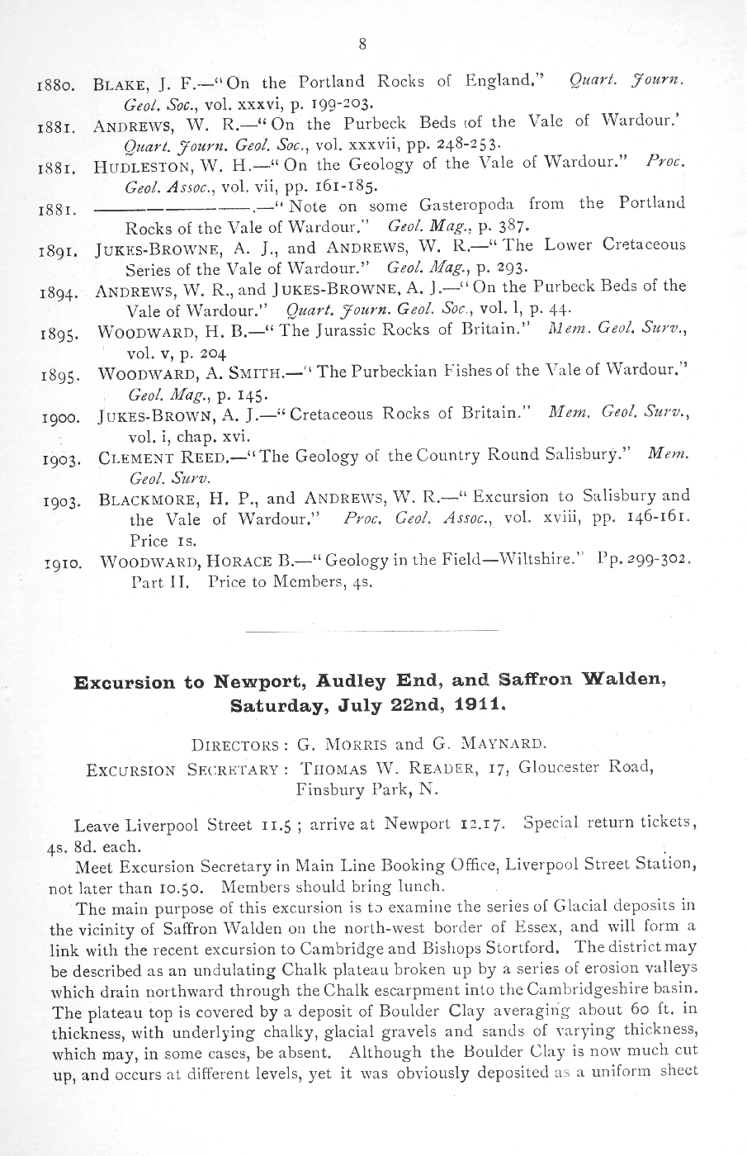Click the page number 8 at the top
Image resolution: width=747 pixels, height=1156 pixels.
362,45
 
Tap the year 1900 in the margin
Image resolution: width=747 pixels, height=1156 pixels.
60,417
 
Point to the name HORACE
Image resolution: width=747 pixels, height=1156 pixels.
239,561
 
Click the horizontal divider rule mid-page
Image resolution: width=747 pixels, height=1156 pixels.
372,631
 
